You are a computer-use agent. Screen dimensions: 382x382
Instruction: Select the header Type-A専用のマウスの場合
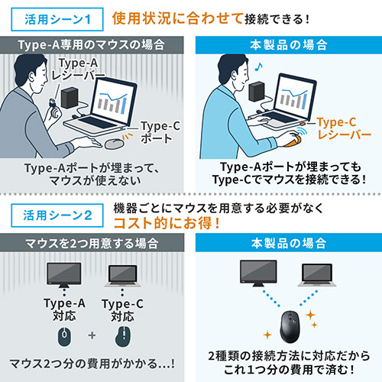tap(95, 44)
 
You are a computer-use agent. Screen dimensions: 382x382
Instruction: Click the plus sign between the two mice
tap(92, 334)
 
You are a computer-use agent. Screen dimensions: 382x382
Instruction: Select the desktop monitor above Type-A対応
tap(63, 274)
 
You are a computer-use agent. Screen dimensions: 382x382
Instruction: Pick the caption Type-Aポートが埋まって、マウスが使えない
tap(95, 174)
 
